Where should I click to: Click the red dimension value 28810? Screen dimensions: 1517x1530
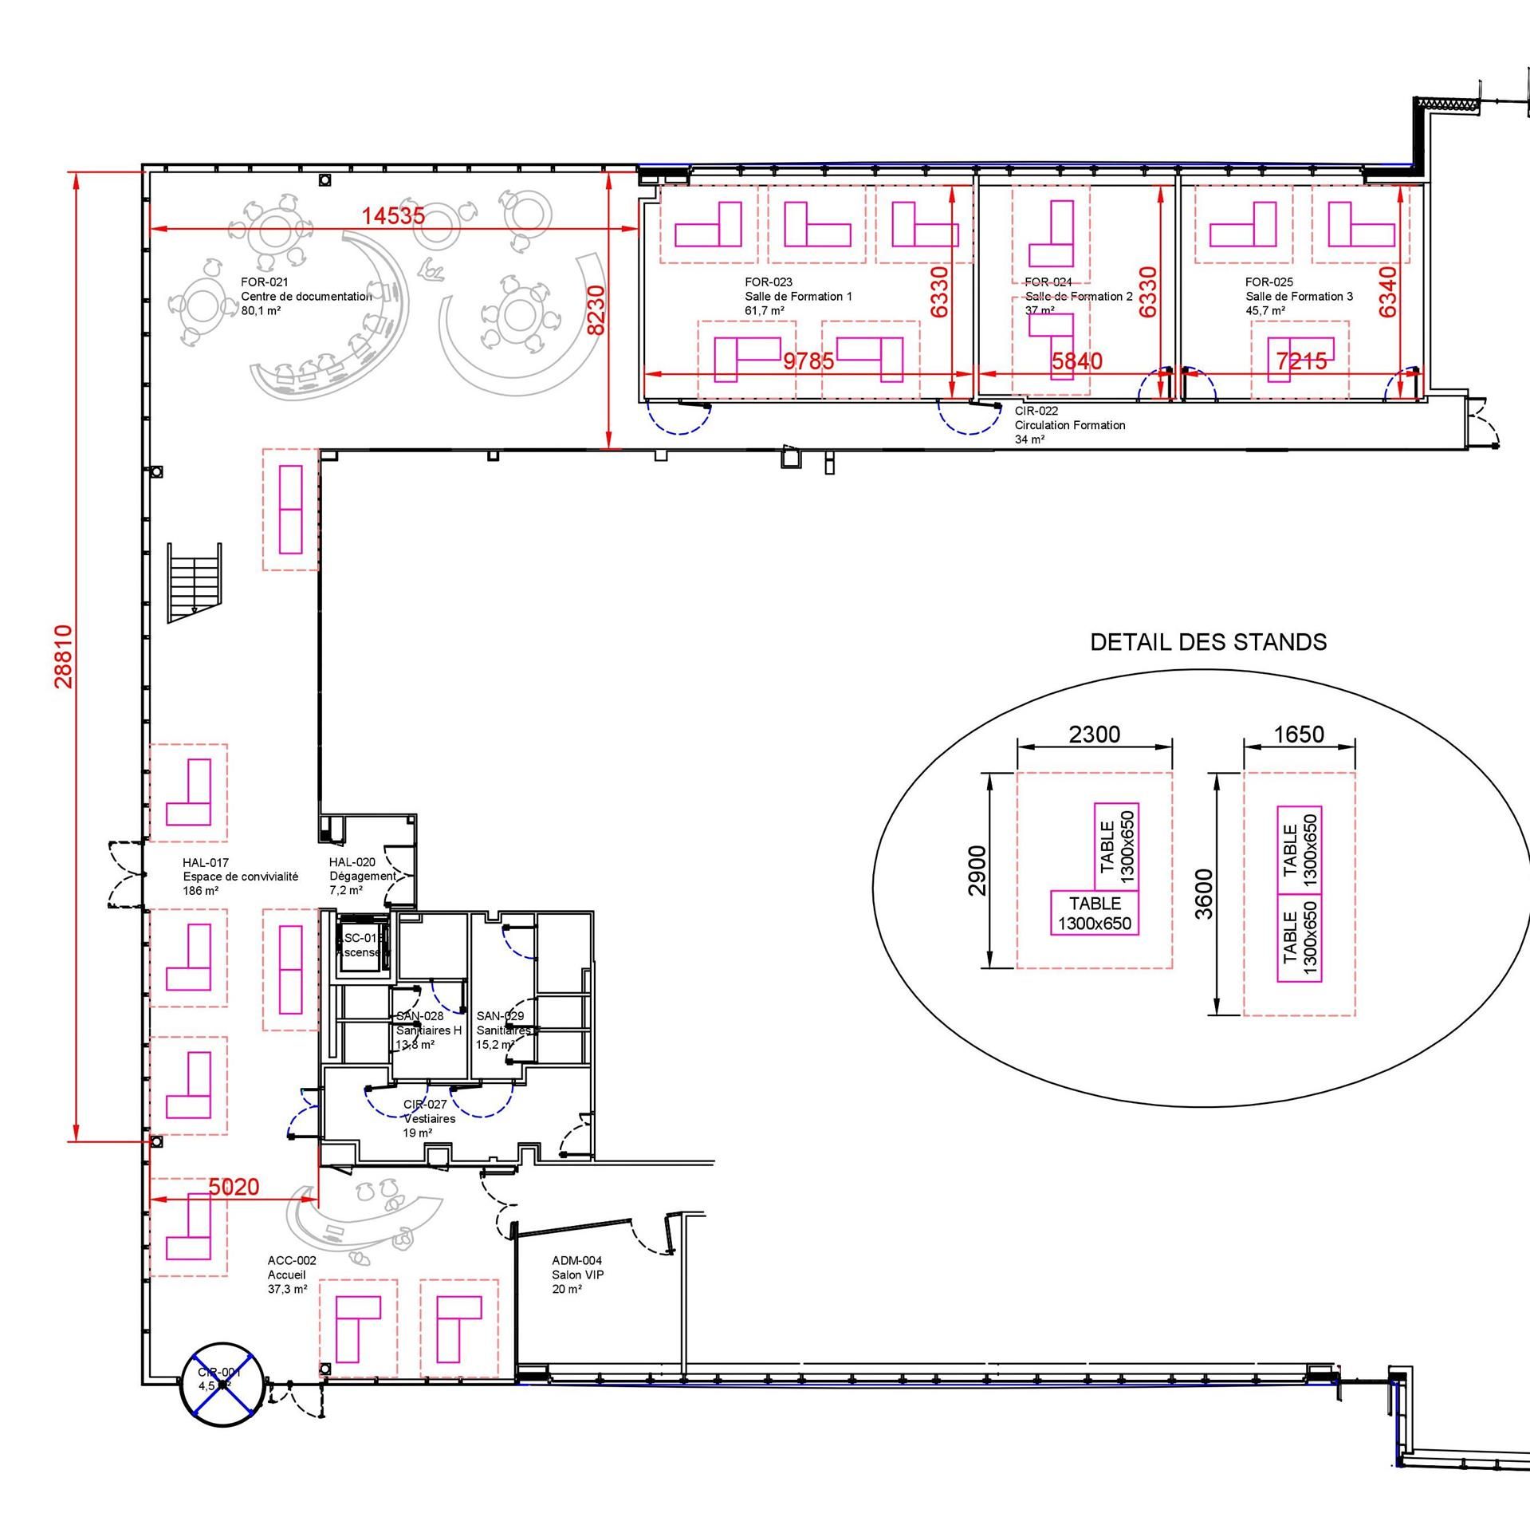[64, 656]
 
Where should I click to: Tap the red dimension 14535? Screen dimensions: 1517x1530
[393, 216]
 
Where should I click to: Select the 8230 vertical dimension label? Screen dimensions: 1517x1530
[596, 309]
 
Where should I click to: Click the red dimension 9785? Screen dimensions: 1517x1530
[808, 361]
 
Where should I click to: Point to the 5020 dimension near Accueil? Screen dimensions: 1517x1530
[234, 1187]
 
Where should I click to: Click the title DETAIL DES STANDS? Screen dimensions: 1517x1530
[1208, 642]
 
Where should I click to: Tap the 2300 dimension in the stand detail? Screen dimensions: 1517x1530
[1094, 734]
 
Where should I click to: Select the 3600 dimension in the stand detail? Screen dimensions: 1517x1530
[1204, 893]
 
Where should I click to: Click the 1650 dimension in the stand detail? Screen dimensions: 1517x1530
[1299, 734]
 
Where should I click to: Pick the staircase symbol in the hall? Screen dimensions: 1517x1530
[194, 582]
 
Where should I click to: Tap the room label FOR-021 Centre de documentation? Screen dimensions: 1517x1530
[305, 296]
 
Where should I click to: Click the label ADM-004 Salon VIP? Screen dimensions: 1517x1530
[577, 1275]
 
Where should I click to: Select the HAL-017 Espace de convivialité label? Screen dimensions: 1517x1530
[239, 876]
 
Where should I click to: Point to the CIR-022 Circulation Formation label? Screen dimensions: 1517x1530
[1069, 425]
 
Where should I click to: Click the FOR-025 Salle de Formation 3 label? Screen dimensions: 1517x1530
[1298, 296]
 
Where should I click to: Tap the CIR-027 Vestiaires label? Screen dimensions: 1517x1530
[429, 1118]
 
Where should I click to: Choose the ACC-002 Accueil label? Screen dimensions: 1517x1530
[291, 1275]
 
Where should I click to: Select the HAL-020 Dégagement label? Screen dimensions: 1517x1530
[361, 876]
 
